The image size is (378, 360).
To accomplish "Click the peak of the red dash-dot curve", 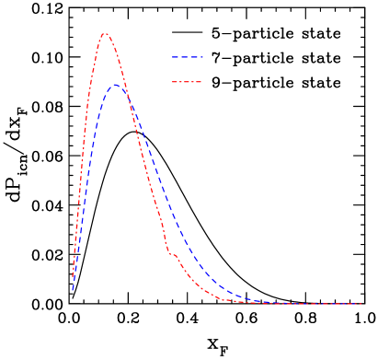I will (x=105, y=34).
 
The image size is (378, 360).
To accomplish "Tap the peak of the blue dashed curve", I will (x=116, y=85).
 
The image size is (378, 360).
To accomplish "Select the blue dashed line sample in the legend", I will (x=187, y=58).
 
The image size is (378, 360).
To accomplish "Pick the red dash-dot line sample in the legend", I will (x=187, y=82).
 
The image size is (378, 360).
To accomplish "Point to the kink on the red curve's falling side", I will (x=170, y=252).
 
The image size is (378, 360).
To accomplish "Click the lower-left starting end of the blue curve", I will (x=73, y=290).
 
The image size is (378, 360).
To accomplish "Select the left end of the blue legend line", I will (x=172, y=58).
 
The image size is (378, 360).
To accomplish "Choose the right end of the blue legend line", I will (x=202, y=58).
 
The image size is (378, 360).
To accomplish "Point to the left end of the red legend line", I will (x=172, y=82).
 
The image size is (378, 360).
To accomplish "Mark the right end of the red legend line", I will (x=202, y=82).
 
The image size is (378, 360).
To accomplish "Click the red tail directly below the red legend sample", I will (x=187, y=273).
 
